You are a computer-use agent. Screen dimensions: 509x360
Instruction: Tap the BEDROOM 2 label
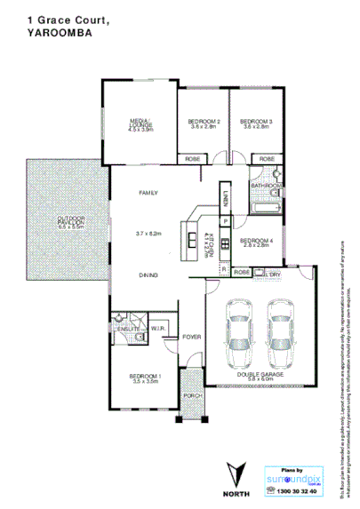point(204,121)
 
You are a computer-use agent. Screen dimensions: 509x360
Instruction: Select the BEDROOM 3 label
point(255,121)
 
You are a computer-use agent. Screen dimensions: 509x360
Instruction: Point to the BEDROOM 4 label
point(254,240)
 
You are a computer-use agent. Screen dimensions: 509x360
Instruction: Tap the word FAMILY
point(148,193)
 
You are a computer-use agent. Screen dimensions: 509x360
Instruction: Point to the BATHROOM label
point(265,186)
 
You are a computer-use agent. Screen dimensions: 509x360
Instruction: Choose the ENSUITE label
point(124,328)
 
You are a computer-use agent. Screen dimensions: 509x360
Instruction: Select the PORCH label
point(191,395)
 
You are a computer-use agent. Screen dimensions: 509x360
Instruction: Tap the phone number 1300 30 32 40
point(295,491)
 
